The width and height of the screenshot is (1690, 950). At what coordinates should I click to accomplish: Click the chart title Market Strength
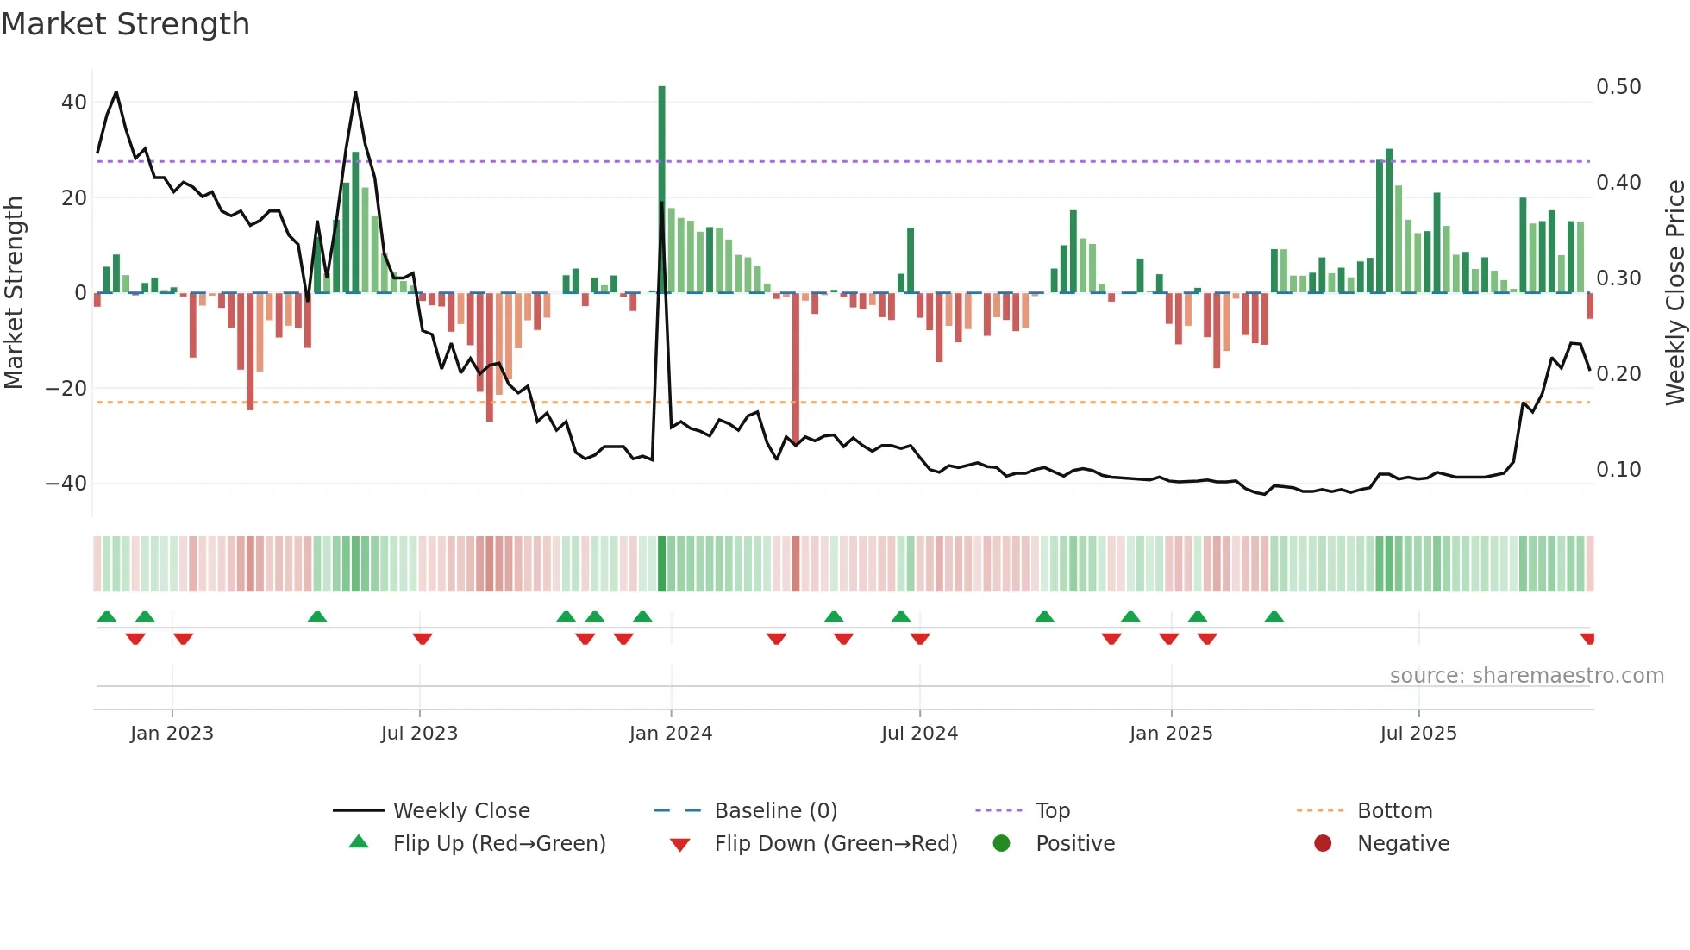(x=125, y=24)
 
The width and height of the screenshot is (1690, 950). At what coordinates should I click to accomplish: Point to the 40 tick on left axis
(x=74, y=103)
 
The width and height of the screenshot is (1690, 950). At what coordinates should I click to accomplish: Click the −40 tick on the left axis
(x=67, y=484)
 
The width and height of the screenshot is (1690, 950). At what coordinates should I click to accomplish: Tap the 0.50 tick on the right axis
(x=1618, y=87)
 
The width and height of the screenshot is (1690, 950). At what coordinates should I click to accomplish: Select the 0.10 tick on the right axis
(x=1618, y=470)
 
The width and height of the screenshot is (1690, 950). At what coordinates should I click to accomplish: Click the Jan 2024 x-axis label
(x=671, y=734)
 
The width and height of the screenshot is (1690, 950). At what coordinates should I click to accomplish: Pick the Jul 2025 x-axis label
(x=1418, y=734)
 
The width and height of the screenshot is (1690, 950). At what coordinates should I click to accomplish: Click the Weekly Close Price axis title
(x=1674, y=293)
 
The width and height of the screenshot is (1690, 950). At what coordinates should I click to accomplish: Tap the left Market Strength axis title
(x=15, y=293)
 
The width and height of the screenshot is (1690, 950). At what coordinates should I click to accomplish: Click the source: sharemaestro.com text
(x=1526, y=676)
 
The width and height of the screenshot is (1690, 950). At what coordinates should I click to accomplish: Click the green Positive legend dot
(x=1001, y=844)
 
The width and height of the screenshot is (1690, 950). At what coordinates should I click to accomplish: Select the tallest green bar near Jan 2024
(x=662, y=190)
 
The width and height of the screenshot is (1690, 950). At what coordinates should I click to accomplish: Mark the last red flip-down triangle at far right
(x=1587, y=639)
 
